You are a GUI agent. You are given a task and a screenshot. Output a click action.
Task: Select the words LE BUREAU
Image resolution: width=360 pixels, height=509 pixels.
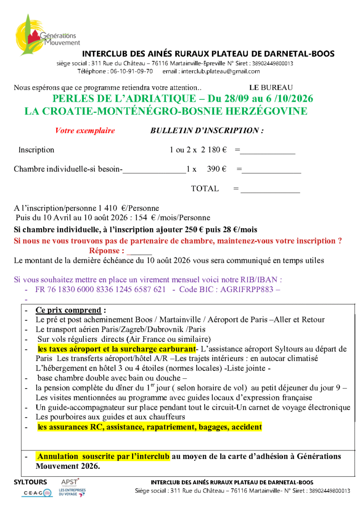(270, 88)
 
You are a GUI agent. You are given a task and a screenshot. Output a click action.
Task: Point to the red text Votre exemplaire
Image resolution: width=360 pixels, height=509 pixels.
(85, 131)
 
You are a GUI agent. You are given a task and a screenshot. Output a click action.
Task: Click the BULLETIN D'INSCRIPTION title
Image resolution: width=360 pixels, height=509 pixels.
(206, 131)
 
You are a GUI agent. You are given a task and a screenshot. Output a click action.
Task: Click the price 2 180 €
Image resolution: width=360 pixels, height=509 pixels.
(214, 150)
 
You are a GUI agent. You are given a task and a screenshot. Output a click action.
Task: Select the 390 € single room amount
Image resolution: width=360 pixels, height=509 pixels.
(217, 169)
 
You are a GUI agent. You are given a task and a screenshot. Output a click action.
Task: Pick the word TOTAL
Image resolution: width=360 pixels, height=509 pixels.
(205, 189)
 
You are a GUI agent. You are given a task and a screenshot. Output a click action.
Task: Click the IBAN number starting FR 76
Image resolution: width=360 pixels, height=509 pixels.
(100, 290)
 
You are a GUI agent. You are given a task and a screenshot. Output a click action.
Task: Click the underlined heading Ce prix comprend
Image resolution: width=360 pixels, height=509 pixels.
(68, 310)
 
